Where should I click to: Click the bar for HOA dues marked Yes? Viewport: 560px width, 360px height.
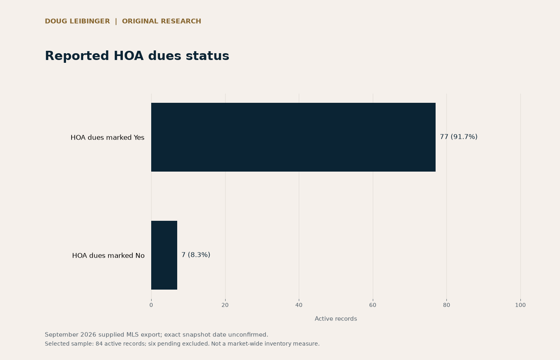coord(293,137)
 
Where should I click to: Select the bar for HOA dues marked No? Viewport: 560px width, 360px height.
coord(164,255)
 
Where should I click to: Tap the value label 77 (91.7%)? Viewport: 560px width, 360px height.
coord(458,137)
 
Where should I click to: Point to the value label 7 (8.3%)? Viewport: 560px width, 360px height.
coord(196,255)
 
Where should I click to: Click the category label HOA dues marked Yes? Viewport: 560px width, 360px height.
coord(108,138)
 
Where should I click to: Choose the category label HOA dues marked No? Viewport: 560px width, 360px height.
coord(108,256)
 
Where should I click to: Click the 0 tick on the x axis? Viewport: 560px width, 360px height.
coord(151,305)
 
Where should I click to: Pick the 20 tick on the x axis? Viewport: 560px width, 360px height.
coord(225,305)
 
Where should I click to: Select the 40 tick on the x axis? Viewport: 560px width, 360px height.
coord(299,305)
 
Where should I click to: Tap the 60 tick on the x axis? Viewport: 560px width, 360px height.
coord(373,305)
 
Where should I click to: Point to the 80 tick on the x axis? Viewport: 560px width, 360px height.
coord(446,305)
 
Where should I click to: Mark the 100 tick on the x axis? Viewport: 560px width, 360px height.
coord(520,305)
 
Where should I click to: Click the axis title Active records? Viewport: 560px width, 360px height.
coord(336,319)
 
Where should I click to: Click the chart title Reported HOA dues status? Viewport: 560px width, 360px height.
coord(137,56)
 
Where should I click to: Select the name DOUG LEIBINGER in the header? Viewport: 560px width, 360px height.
coord(78,21)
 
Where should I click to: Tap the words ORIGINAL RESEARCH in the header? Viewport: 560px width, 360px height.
coord(162,21)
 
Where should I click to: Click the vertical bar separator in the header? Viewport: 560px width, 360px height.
coord(116,22)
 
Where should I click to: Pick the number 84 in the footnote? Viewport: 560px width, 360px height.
coord(99,344)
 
